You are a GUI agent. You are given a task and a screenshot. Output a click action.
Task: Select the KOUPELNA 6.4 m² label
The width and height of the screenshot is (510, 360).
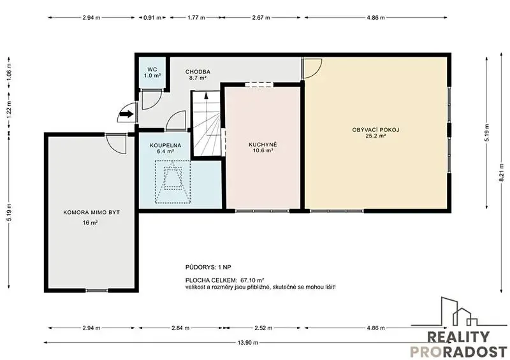coord(165,148)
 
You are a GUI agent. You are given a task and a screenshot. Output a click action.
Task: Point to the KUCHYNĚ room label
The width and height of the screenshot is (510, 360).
coord(263,147)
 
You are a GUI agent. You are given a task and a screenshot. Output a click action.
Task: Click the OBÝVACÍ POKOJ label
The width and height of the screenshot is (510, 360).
coord(375,133)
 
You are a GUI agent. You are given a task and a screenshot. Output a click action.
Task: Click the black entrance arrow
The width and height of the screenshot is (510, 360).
coord(127,114)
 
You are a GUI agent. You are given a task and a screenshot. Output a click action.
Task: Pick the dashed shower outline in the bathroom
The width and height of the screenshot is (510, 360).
coord(173,182)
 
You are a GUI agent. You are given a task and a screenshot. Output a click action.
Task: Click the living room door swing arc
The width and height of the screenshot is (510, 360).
coord(316,72)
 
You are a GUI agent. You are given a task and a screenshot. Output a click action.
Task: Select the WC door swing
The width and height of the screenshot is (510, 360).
coord(154,104)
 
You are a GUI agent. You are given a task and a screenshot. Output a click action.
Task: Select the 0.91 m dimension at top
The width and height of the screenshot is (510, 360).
coord(152,18)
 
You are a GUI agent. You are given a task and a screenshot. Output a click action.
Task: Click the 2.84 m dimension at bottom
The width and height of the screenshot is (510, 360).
coord(180,328)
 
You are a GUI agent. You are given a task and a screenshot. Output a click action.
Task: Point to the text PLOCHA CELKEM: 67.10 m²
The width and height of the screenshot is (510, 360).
coord(224,280)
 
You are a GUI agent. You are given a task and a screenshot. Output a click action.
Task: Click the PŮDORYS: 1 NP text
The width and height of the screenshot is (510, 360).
coord(208,268)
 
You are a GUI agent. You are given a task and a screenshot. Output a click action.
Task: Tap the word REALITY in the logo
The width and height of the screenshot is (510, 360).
coord(458,337)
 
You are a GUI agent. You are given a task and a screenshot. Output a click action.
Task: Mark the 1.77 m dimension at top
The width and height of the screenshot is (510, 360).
coord(196,18)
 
